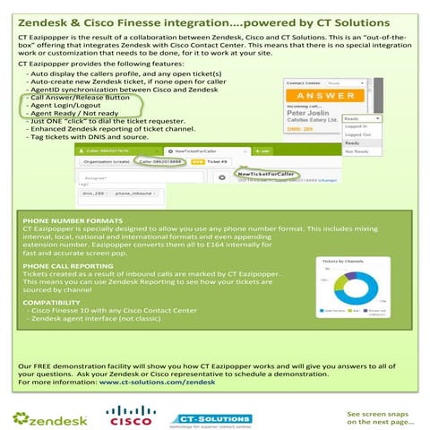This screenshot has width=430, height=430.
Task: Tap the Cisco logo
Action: [132, 415]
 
